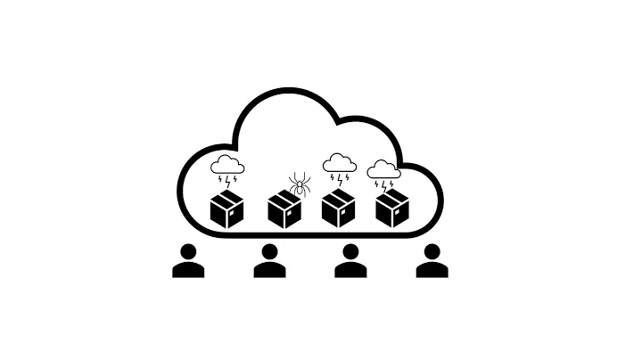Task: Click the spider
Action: click(x=299, y=185)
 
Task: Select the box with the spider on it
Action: click(x=284, y=212)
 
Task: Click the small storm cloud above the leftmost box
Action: click(x=227, y=164)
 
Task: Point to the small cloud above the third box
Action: click(x=339, y=162)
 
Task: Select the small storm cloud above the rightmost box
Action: click(x=384, y=168)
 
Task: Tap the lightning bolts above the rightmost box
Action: click(x=385, y=184)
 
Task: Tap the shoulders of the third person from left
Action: click(x=350, y=269)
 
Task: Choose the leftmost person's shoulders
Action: click(x=188, y=269)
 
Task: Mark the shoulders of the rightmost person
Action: click(x=432, y=269)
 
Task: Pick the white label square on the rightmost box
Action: click(x=398, y=214)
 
